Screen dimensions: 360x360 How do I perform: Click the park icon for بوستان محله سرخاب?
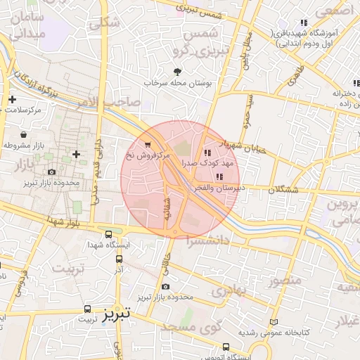pos(177,71)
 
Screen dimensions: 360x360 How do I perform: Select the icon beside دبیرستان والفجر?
pos(219,176)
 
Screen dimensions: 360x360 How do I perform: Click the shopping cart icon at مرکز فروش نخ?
pos(147,145)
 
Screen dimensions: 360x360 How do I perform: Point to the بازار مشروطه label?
pos(23,145)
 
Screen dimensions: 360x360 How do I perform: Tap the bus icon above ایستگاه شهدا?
pos(108,234)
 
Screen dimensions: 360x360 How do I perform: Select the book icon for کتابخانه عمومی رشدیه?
pos(274,323)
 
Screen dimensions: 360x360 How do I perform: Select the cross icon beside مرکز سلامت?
pos(12,100)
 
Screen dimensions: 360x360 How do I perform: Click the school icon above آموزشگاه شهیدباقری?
pos(304,22)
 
